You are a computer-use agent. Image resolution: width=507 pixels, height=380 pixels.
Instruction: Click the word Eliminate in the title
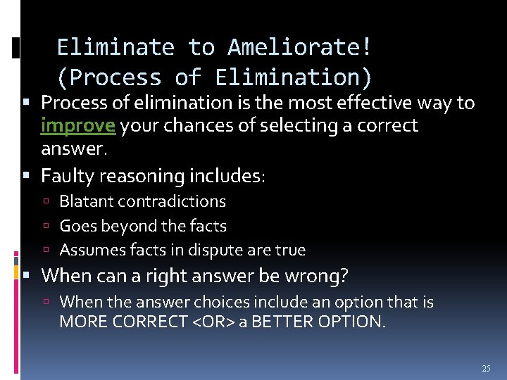click(x=115, y=47)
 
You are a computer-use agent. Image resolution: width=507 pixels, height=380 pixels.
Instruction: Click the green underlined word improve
click(x=78, y=126)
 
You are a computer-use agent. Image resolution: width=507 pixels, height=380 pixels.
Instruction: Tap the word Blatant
click(x=86, y=201)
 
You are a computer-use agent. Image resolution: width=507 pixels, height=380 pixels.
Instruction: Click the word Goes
click(x=76, y=226)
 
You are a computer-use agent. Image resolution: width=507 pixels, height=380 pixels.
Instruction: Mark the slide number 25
click(x=486, y=369)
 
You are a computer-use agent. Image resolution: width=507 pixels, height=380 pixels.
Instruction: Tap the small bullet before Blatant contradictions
click(x=51, y=202)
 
